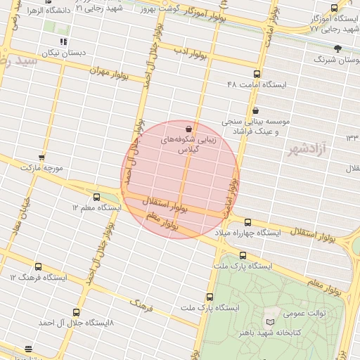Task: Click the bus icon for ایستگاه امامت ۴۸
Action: point(256,74)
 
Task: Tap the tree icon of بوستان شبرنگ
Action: point(337,49)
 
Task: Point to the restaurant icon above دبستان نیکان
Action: point(64,42)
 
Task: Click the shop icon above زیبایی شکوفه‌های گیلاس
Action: point(188,129)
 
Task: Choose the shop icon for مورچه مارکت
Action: point(41,157)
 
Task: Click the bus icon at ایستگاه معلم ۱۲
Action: point(96,198)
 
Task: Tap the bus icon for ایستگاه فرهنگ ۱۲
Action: point(38,266)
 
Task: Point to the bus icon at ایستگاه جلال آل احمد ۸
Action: point(77,312)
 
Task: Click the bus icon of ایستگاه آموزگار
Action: point(334,8)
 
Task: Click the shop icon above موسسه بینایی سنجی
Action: point(255,110)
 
